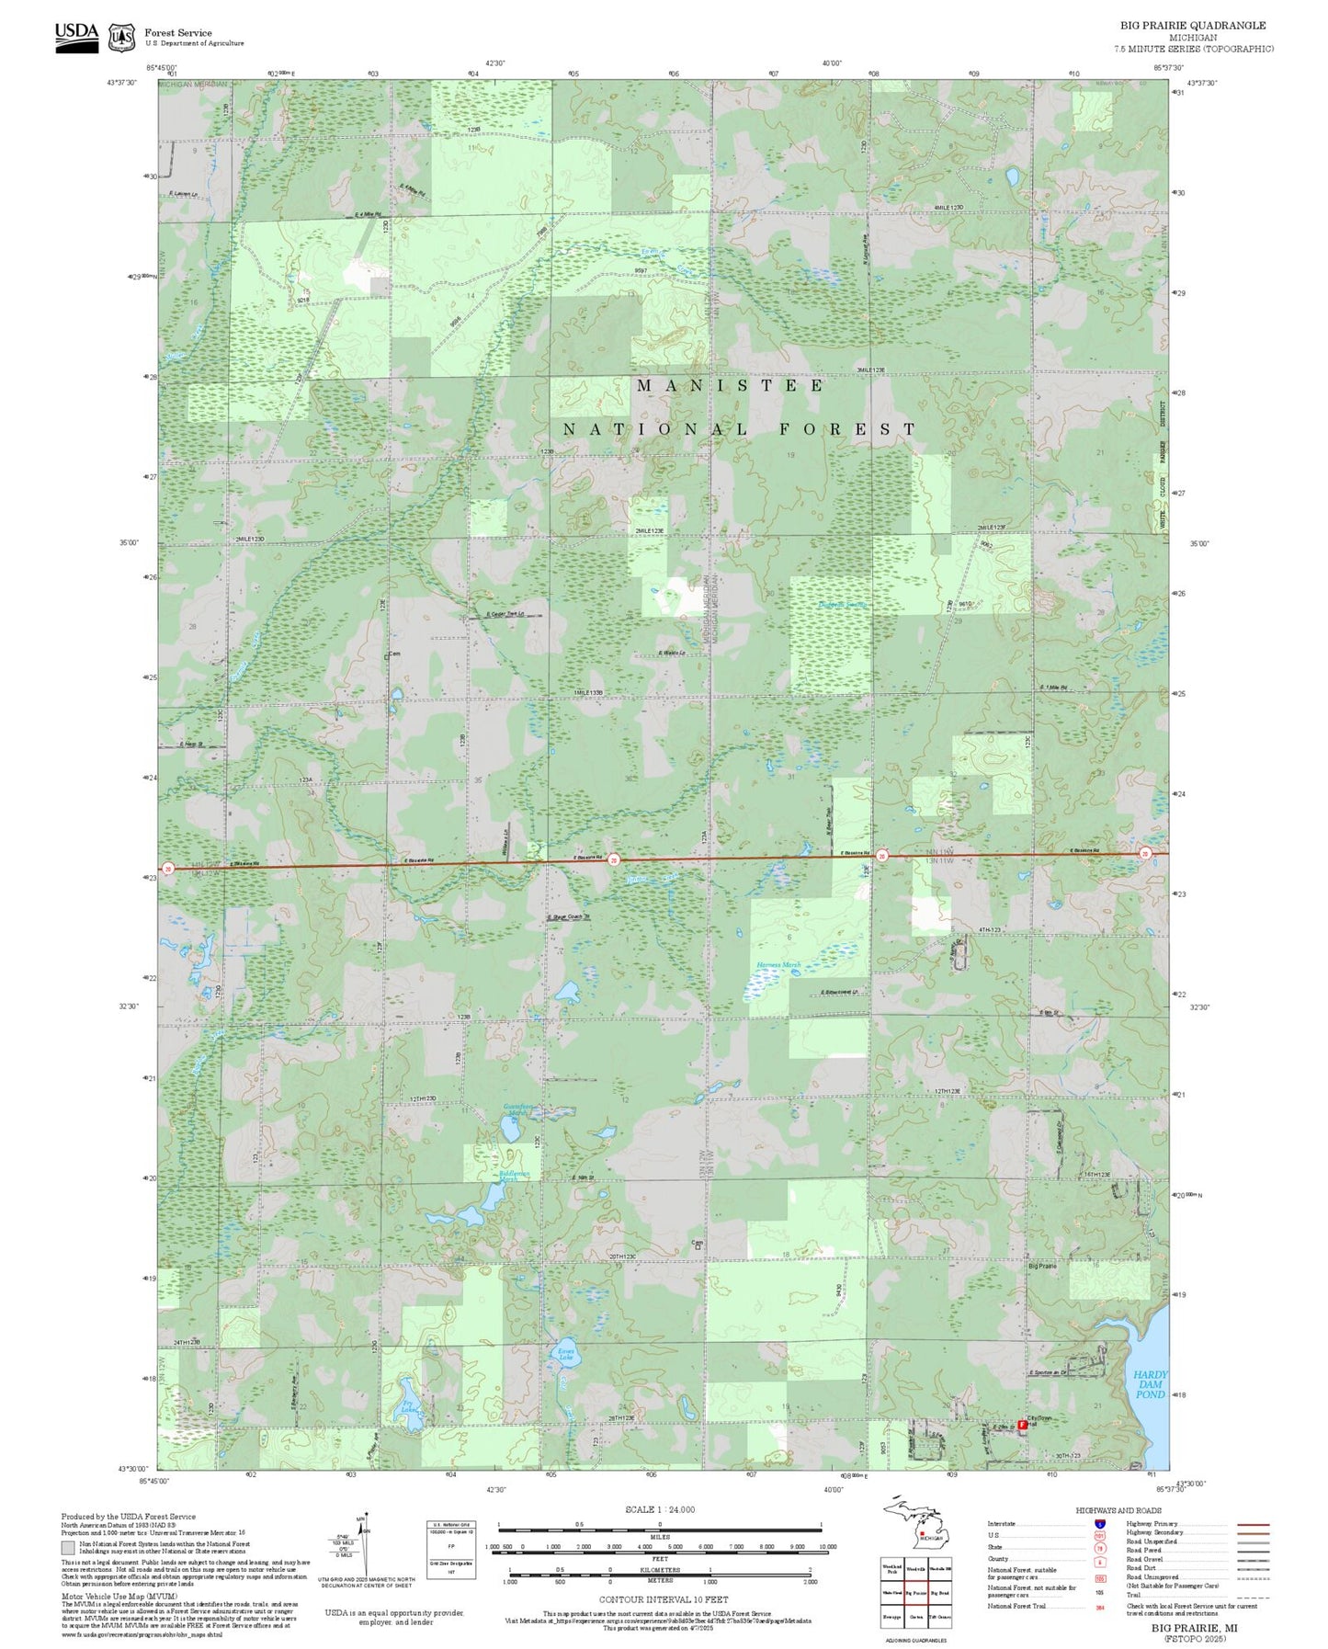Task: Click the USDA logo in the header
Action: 76,36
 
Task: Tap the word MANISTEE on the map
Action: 731,386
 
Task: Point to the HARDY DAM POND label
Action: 1150,1384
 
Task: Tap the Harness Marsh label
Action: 778,965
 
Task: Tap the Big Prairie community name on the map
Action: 1042,1266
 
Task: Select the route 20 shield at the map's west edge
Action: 168,868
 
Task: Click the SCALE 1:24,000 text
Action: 659,1508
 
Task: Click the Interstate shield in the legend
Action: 1099,1524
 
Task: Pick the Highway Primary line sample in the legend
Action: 1253,1524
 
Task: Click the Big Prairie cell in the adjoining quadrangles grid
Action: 915,1592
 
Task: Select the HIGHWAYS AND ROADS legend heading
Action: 1118,1510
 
